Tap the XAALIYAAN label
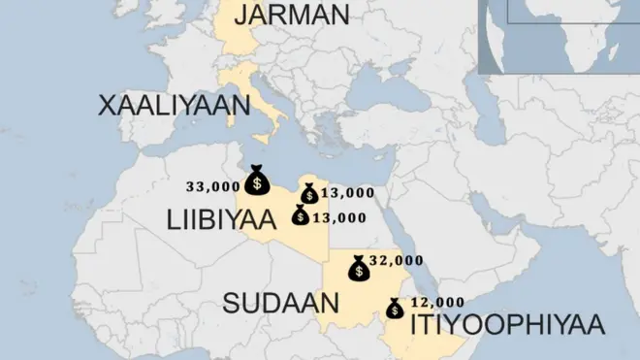tap(168, 106)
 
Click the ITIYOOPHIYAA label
tap(507, 324)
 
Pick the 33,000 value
tap(212, 185)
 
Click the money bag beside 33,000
tap(257, 180)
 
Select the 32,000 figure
tap(398, 260)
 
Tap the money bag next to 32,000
tap(359, 268)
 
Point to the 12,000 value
tap(438, 302)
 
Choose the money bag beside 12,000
tap(396, 309)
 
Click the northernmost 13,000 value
tap(346, 193)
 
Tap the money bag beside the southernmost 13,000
tap(301, 215)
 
